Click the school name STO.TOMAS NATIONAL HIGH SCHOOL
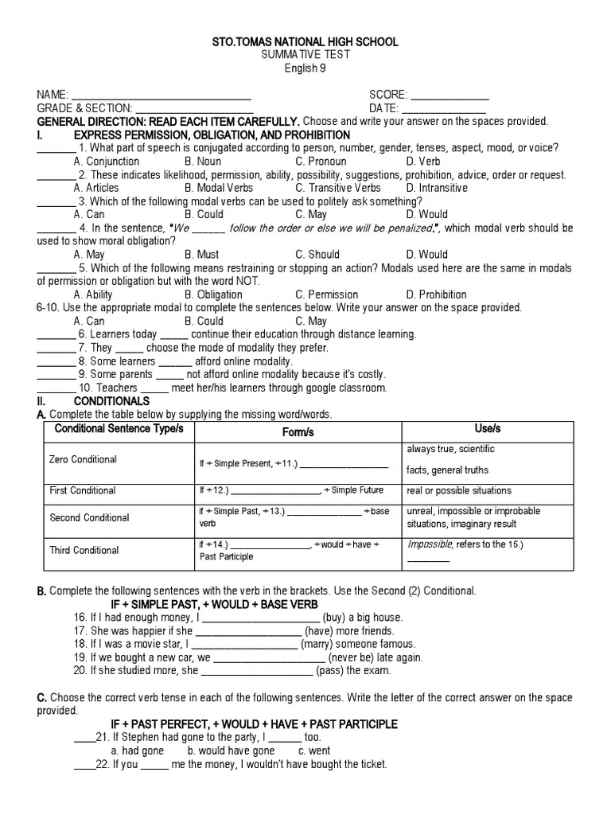coord(305,41)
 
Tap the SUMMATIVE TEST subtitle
coord(305,54)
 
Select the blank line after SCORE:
coord(449,96)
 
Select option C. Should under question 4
coord(317,255)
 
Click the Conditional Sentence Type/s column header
coord(119,430)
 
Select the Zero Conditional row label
coord(83,460)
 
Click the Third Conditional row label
coord(84,550)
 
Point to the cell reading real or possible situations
coord(459,490)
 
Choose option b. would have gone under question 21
coord(231,751)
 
